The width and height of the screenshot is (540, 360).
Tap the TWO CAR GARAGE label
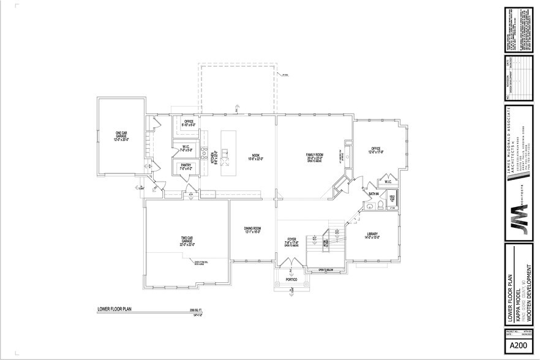[x=187, y=241]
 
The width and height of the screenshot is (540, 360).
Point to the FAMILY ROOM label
[x=315, y=155]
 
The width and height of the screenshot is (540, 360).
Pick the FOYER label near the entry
[x=292, y=240]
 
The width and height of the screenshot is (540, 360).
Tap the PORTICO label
[x=290, y=280]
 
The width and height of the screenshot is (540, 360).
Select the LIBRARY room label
[x=372, y=234]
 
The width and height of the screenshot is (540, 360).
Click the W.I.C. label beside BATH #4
[x=388, y=182]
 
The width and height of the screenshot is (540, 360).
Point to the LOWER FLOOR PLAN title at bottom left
[x=114, y=309]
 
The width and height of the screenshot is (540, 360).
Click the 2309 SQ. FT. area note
[x=195, y=312]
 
